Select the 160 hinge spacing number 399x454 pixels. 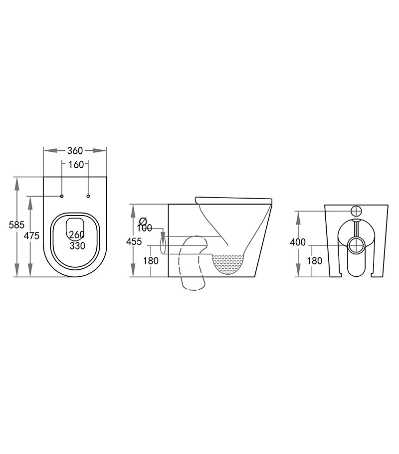tap(75, 165)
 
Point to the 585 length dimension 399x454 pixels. tap(16, 225)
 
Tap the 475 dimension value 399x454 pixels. tap(31, 236)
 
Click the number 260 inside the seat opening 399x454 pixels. tap(76, 234)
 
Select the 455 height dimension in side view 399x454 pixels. tap(134, 241)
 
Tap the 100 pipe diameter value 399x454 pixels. tap(144, 228)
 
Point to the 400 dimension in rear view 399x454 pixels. tap(297, 242)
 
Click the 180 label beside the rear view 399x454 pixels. tap(314, 260)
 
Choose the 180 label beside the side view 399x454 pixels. tap(151, 260)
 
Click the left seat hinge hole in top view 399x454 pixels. tap(62, 196)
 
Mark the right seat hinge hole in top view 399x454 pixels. tap(88, 196)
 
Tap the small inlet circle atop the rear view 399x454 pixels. tap(357, 211)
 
